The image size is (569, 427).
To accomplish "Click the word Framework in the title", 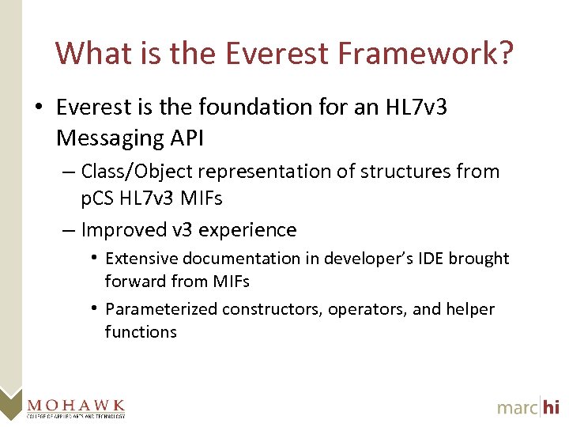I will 426,54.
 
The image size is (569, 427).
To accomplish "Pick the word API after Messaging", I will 187,138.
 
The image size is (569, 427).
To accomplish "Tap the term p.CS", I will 98,198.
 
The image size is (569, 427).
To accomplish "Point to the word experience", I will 249,230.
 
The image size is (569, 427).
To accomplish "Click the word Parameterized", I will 161,309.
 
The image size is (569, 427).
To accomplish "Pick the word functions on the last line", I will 141,332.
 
